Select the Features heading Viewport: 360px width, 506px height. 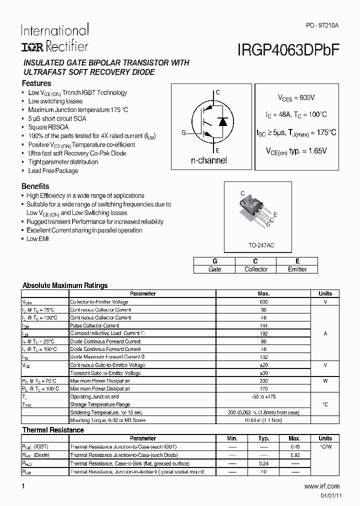pyautogui.click(x=36, y=83)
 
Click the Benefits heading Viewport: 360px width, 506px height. pyautogui.click(x=35, y=186)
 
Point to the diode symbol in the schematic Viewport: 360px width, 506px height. pyautogui.click(x=223, y=121)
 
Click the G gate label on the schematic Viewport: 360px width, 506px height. pyautogui.click(x=183, y=133)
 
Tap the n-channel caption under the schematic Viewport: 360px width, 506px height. pyautogui.click(x=209, y=160)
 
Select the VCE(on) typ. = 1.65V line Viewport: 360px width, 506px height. pyautogui.click(x=296, y=150)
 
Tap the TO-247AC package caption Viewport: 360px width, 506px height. pyautogui.click(x=262, y=245)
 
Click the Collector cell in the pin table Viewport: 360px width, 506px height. pyautogui.click(x=255, y=269)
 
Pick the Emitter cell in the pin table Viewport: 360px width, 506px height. pyautogui.click(x=297, y=269)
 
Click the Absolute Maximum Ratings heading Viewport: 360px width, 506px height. pyautogui.click(x=65, y=285)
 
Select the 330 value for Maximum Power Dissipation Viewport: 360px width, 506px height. pyautogui.click(x=263, y=381)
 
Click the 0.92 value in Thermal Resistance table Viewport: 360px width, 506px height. pyautogui.click(x=295, y=455)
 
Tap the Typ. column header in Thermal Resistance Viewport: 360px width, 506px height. pyautogui.click(x=263, y=438)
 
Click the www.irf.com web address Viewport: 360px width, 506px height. pyautogui.click(x=321, y=486)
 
